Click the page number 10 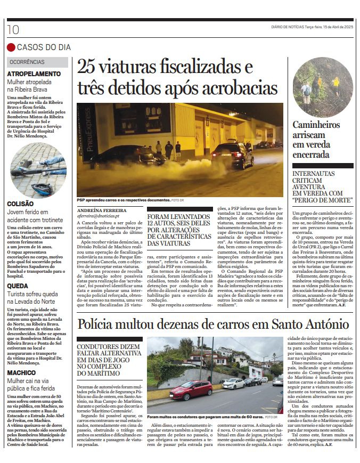point(13,30)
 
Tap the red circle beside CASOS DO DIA point(11,47)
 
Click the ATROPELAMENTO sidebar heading point(34,74)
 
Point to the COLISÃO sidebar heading point(20,204)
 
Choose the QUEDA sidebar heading point(18,286)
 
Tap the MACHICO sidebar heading point(21,372)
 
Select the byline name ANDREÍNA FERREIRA point(99,211)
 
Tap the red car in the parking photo point(191,390)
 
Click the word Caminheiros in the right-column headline point(316,125)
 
